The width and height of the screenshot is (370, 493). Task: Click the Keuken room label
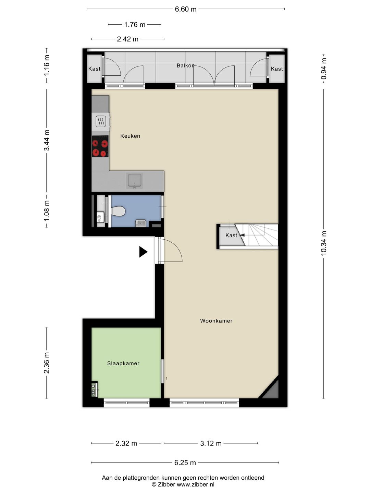pos(130,136)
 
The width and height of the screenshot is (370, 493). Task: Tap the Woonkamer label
pos(216,321)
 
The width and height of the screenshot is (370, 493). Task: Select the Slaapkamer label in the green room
pos(123,363)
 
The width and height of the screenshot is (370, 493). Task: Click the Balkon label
pos(185,65)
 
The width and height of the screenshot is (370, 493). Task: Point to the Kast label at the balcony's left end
pos(94,69)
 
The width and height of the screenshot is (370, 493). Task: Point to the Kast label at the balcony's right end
pos(277,69)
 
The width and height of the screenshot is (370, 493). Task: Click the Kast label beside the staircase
pos(231,235)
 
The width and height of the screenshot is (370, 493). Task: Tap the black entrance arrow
pos(143,252)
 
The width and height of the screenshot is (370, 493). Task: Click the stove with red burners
pos(100,146)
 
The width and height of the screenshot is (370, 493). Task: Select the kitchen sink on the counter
pos(135,180)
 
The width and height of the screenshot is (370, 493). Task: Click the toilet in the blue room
pos(118,211)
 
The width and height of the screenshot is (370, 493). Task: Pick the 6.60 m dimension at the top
pos(186,9)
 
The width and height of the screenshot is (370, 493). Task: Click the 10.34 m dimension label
pos(324,243)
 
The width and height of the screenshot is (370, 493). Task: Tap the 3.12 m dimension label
pos(211,443)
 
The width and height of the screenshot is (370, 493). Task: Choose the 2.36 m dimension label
pos(47,363)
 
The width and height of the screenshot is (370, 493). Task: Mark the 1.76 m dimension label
pos(135,25)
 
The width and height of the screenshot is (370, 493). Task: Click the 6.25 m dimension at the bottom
pos(185,463)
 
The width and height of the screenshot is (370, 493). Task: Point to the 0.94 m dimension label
pos(324,69)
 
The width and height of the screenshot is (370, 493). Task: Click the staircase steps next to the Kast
pos(262,235)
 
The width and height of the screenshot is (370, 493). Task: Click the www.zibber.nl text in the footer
pos(195,484)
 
